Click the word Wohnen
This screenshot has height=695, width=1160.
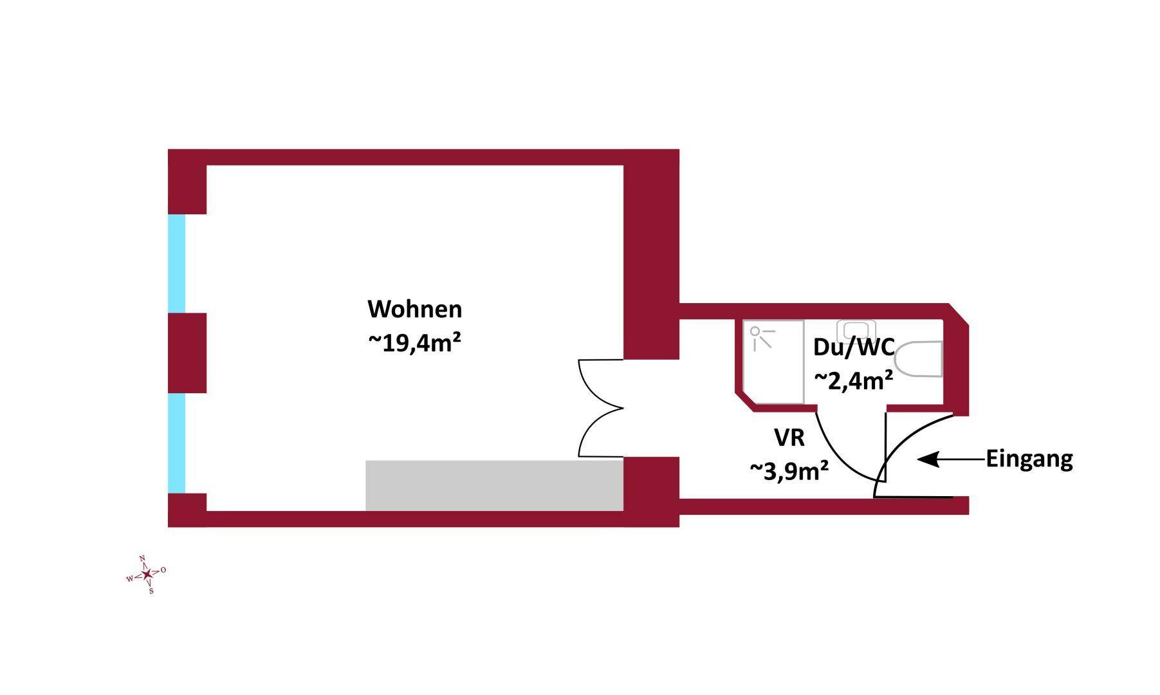[x=415, y=310]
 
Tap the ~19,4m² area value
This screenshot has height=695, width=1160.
[x=415, y=343]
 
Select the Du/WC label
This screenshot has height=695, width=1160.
[x=854, y=347]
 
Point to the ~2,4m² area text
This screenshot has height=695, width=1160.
[x=854, y=380]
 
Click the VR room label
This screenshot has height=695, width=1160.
[x=789, y=438]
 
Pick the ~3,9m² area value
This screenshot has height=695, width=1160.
[x=789, y=471]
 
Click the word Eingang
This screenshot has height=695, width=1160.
[x=1029, y=460]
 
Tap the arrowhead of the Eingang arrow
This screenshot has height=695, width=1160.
[x=926, y=459]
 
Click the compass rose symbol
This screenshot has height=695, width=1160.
[x=147, y=574]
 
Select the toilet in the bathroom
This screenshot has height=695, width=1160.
[x=919, y=359]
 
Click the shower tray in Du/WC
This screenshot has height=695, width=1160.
[x=773, y=362]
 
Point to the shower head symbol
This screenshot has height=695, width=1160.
[x=761, y=338]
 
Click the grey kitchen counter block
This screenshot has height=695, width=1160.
[x=494, y=485]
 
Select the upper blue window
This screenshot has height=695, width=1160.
[x=176, y=264]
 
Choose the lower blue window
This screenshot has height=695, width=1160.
[x=176, y=443]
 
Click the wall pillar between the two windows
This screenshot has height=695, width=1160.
[x=187, y=353]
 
